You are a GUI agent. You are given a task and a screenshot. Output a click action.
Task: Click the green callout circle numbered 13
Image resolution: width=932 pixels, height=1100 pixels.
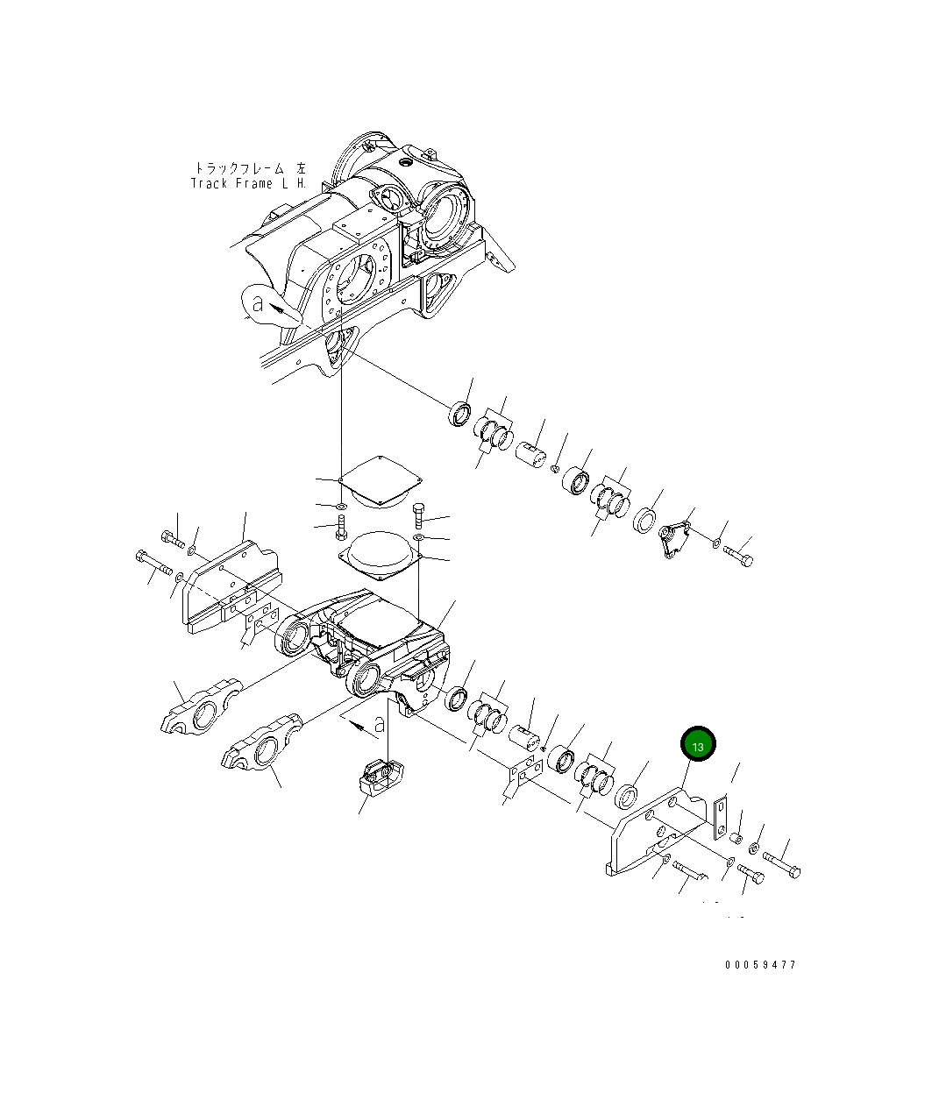click(698, 746)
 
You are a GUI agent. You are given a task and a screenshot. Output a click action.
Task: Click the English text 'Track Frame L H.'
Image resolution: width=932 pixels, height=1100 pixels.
click(249, 184)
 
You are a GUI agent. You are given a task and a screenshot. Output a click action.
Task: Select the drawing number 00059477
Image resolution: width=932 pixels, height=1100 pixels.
click(760, 965)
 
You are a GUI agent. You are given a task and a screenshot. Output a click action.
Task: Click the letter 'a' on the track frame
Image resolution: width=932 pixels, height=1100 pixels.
click(257, 305)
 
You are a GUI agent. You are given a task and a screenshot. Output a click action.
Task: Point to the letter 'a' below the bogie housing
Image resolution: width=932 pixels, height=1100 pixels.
click(379, 725)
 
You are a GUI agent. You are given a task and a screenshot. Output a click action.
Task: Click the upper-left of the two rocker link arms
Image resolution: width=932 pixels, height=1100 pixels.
click(201, 706)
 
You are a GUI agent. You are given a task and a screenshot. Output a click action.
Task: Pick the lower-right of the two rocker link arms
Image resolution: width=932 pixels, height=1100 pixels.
click(262, 746)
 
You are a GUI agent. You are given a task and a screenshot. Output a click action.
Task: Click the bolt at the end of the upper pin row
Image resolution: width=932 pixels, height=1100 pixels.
click(738, 556)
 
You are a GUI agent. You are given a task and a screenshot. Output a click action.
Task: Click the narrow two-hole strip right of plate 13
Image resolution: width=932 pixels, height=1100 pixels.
click(719, 818)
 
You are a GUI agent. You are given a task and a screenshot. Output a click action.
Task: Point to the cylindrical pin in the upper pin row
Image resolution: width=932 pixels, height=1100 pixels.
click(530, 456)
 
